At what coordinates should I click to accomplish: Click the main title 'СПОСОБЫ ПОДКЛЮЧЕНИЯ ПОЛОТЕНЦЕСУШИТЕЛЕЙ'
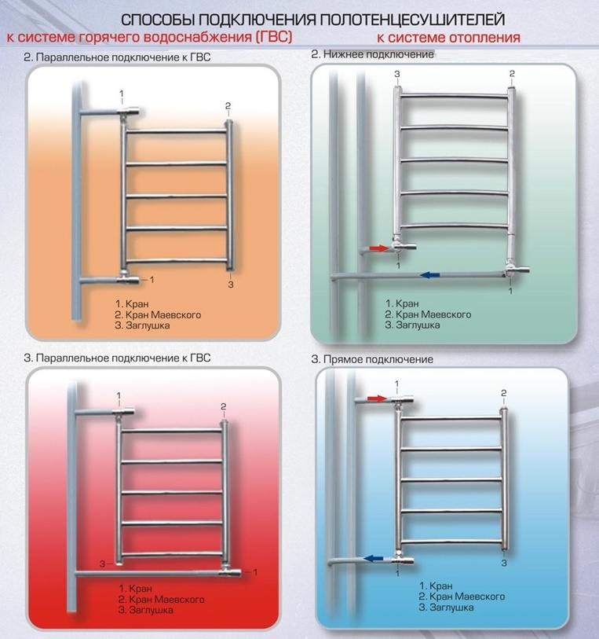pos(313,19)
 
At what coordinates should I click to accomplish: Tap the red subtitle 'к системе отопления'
pos(448,38)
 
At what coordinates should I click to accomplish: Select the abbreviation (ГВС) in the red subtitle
pos(274,37)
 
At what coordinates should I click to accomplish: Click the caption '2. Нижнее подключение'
pos(372,54)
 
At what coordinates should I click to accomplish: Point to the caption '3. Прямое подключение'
pos(372,359)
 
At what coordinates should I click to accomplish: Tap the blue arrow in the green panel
pos(431,274)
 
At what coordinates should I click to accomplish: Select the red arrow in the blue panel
pos(376,398)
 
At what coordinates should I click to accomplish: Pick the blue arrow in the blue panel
pos(374,558)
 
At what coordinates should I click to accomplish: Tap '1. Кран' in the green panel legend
pos(402,303)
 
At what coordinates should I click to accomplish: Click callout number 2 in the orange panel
pos(228,106)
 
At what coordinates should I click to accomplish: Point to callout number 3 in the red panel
pos(103,564)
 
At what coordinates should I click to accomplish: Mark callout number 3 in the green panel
pos(397,74)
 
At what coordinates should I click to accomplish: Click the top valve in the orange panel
pos(128,112)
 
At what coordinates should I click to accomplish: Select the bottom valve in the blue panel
pos(403,560)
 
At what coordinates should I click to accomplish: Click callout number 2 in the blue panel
pos(504,393)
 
